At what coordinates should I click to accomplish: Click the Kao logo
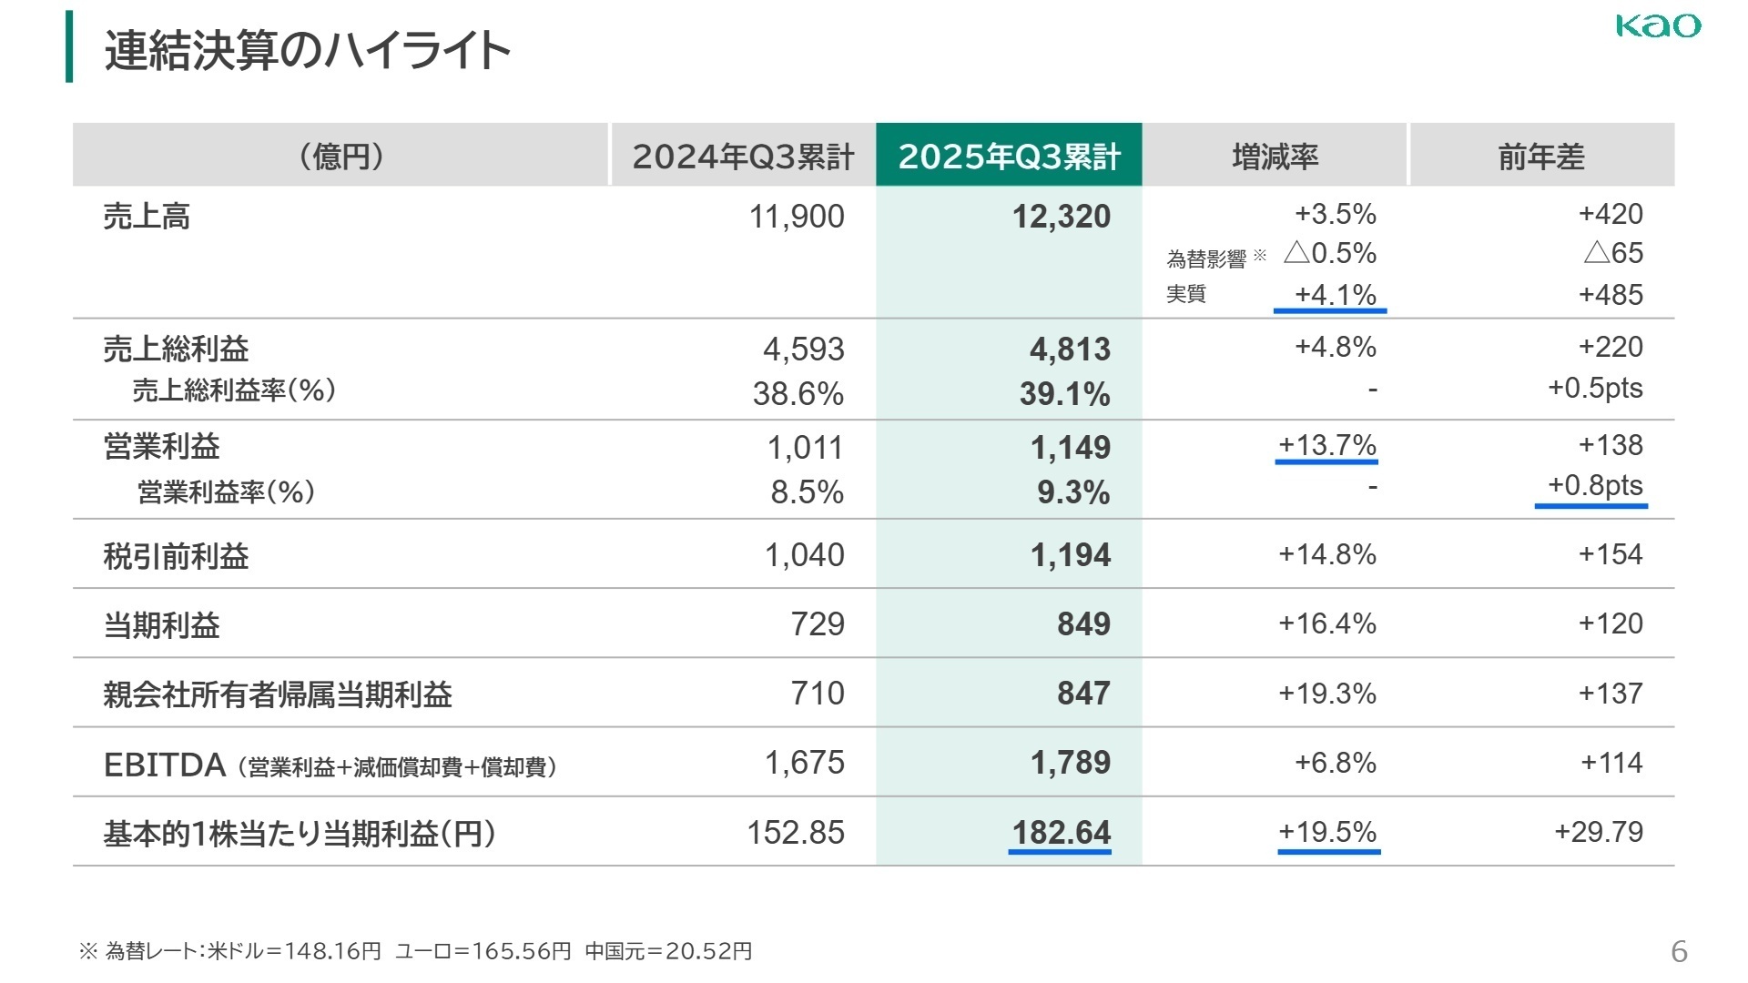tap(1658, 25)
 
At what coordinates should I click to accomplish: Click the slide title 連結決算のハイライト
tap(307, 50)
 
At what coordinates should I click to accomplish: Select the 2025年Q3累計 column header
tap(1009, 157)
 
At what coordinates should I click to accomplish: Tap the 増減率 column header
tap(1275, 157)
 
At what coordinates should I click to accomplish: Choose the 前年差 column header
tap(1541, 157)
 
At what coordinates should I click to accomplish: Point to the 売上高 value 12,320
tap(1062, 217)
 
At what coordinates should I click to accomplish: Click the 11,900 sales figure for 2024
tap(797, 217)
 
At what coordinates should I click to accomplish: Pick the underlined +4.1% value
tap(1335, 295)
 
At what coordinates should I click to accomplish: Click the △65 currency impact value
tap(1613, 253)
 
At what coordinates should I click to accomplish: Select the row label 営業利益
tap(162, 447)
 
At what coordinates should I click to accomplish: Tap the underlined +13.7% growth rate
tap(1326, 445)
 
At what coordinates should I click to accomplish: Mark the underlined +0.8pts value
tap(1595, 485)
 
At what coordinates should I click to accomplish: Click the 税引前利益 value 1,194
tap(1071, 555)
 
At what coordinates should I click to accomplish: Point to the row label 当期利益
tap(162, 625)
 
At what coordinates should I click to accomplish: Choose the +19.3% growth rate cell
tap(1326, 694)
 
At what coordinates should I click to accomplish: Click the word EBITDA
tap(165, 765)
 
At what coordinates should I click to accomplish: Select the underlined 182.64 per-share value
tap(1062, 833)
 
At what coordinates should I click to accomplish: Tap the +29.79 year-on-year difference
tap(1599, 832)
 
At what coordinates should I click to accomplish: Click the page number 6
tap(1679, 951)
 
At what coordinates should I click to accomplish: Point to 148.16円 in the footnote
tap(332, 951)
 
